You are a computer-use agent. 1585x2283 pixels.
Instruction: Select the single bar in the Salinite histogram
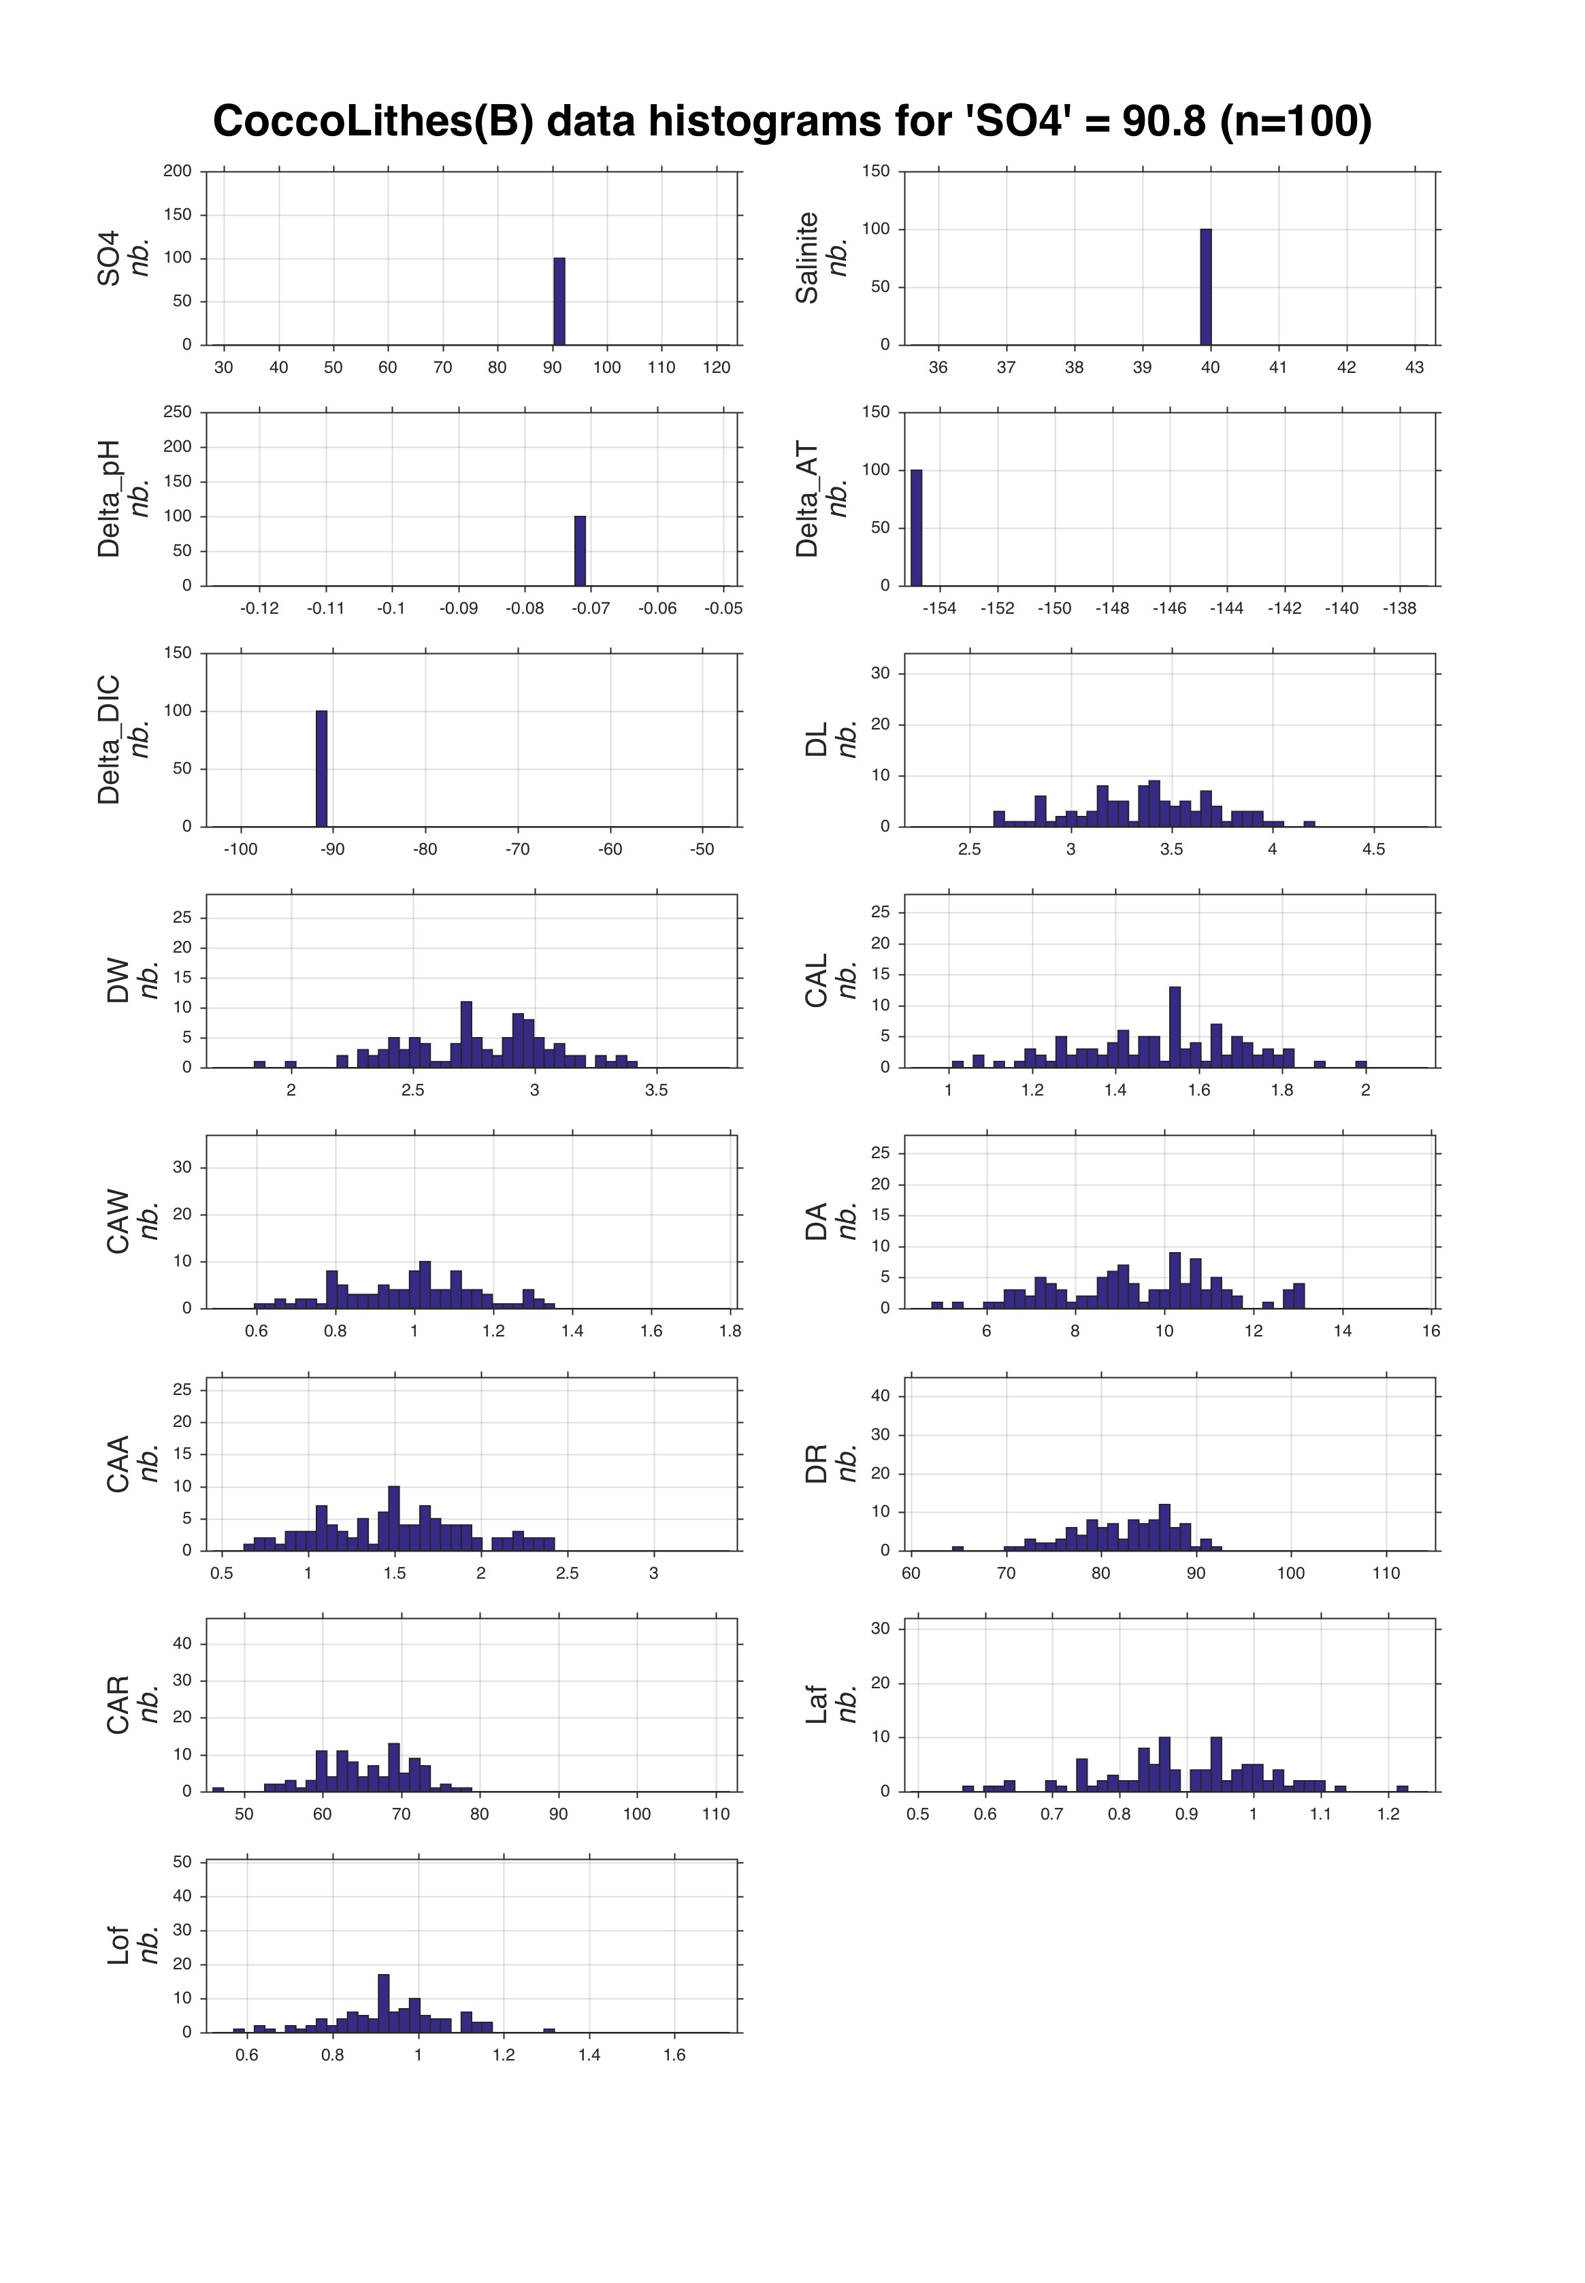[x=1206, y=287]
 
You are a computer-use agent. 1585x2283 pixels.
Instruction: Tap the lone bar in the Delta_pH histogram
[x=580, y=551]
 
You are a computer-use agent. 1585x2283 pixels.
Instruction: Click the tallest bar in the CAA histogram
[x=394, y=1518]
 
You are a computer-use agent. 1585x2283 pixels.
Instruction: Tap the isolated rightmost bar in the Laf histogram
[x=1402, y=1788]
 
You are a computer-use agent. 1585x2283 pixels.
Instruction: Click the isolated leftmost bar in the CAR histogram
[x=218, y=1790]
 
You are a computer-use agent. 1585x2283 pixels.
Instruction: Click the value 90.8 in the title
[x=1163, y=121]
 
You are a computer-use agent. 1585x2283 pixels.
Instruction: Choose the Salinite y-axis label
[x=807, y=257]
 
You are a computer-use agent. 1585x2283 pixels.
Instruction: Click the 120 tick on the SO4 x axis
[x=716, y=367]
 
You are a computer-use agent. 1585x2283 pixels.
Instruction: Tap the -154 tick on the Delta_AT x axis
[x=938, y=609]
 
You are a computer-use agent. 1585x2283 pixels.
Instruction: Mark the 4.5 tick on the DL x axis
[x=1373, y=849]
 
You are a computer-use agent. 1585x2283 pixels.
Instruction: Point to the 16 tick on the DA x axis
[x=1430, y=1331]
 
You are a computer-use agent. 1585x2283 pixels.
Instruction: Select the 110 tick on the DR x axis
[x=1386, y=1573]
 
